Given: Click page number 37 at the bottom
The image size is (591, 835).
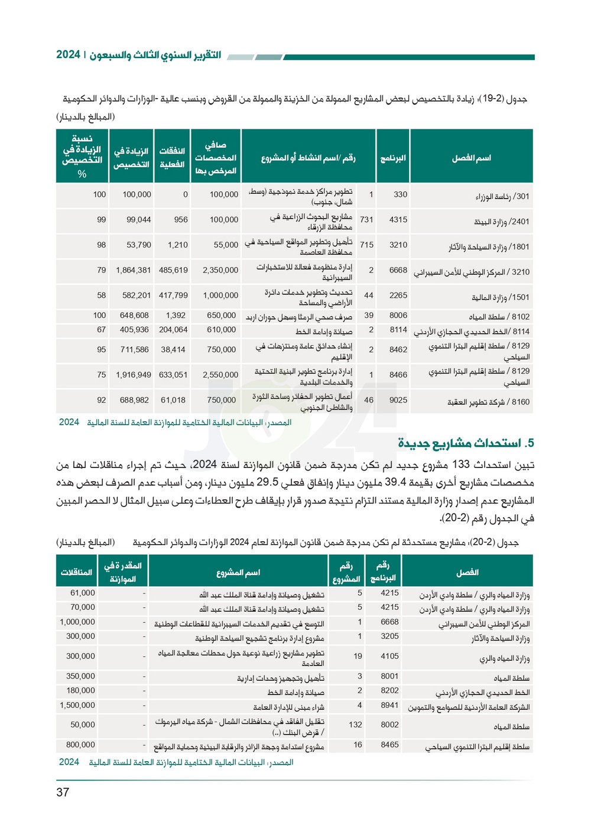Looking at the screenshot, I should coord(63,792).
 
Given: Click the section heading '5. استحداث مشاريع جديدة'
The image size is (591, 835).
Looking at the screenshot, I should coord(466,443).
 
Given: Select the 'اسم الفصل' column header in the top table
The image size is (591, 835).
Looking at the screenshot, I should coord(471,158).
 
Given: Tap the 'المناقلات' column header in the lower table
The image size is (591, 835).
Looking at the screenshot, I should coord(77,572).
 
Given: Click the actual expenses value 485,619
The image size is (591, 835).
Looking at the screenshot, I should coord(173,270).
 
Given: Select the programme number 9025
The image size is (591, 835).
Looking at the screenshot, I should coord(398,400).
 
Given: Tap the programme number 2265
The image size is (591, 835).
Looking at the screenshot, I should coord(398,295).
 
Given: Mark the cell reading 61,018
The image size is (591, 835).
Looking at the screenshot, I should coord(173,400).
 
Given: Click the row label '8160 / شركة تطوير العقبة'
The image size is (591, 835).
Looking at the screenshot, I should coord(488,402).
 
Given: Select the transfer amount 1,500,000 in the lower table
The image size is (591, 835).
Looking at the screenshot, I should coord(77,705).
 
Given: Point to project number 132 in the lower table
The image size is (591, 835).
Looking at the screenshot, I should coord(355,724).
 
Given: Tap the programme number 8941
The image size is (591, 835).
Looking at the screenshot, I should coord(389,705).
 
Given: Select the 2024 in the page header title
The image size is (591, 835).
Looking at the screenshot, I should coord(68,54).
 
